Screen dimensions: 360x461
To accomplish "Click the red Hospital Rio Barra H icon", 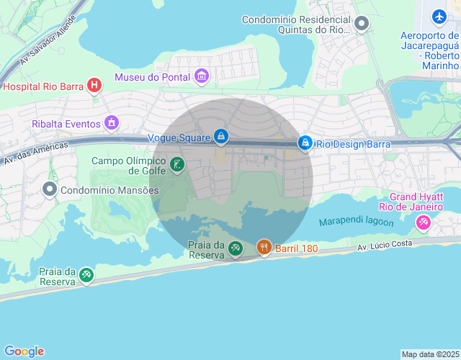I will click(x=94, y=86).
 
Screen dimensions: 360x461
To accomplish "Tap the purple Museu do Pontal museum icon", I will click(x=202, y=76).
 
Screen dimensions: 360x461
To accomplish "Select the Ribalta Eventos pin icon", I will click(x=111, y=123).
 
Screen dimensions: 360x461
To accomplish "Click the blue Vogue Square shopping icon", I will click(x=220, y=136).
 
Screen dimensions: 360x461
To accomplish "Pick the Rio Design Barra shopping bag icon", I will click(x=305, y=143).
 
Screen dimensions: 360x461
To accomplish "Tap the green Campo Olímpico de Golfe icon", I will click(x=177, y=166).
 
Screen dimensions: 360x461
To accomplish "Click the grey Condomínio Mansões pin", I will click(x=50, y=189).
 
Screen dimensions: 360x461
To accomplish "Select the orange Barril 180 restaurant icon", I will click(x=264, y=248).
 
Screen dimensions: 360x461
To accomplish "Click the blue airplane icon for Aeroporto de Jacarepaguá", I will click(x=439, y=16).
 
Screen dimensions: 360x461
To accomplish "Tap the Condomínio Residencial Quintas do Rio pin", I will click(x=362, y=25).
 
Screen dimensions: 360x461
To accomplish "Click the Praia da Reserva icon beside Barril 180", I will click(x=236, y=249).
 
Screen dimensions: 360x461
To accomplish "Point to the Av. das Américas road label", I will click(x=36, y=152).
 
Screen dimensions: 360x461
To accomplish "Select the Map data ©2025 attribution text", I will click(x=429, y=354).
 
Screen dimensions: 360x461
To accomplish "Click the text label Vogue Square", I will click(x=178, y=137).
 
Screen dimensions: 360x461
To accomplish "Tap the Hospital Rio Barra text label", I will click(x=44, y=86).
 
